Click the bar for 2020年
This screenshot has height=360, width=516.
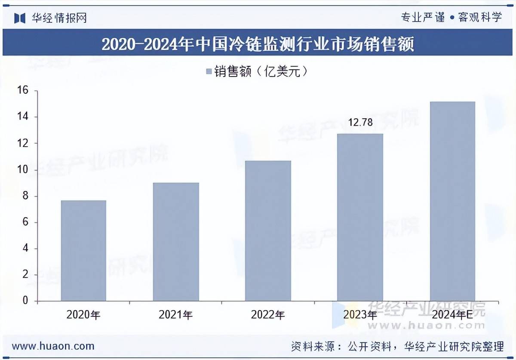coord(83,250)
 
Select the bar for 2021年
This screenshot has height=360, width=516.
coord(176,242)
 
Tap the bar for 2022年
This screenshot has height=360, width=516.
coord(268,231)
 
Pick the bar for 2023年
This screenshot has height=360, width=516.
coord(360,217)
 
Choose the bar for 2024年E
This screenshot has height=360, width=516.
coord(452,201)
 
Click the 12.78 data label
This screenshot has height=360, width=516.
coord(360,123)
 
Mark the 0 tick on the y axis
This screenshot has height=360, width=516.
coord(25,301)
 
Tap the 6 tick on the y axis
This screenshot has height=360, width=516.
coord(25,222)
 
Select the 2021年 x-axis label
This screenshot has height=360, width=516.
coord(175,315)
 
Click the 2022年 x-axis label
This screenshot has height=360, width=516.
coord(268,315)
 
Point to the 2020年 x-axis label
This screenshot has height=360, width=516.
coord(83,315)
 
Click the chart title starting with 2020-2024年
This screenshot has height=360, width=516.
coord(258,44)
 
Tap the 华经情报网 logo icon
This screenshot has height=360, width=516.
coord(20,18)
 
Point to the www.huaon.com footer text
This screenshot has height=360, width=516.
coord(53,346)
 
